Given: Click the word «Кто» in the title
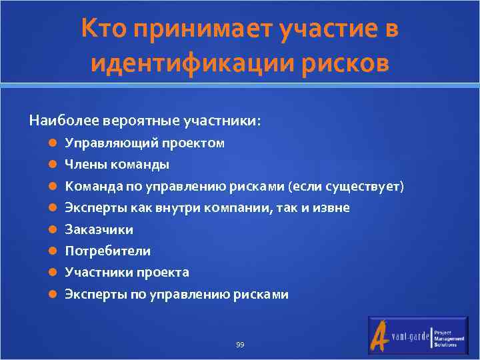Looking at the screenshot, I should click(105, 29).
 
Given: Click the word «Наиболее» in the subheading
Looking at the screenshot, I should click(63, 121).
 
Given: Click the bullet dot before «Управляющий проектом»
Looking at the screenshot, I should click(53, 143).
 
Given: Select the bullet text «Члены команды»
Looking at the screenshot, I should click(117, 164).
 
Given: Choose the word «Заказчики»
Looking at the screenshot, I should click(99, 229).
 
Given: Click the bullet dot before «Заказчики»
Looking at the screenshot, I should click(53, 229).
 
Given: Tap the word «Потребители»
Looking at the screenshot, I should click(107, 251).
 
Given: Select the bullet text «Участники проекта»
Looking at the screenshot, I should click(127, 273).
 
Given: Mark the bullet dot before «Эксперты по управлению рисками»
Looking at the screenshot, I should click(53, 294).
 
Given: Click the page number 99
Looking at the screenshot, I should click(240, 345).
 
